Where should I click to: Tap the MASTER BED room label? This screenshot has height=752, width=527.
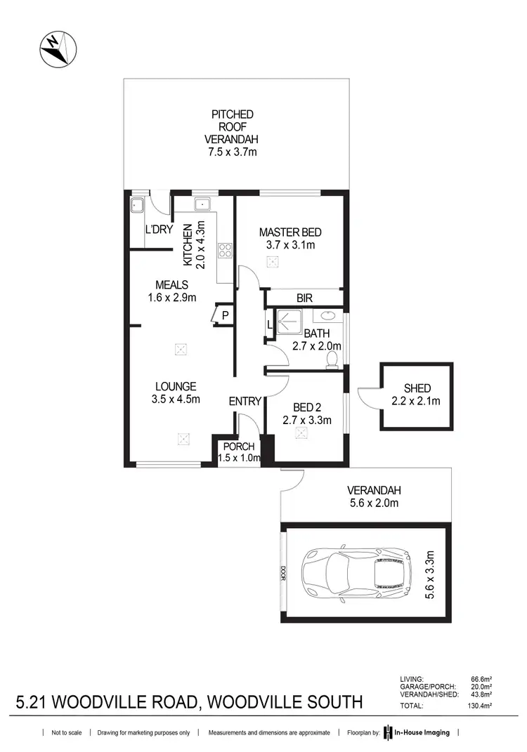click(286, 232)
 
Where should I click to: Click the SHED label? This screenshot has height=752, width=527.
click(417, 388)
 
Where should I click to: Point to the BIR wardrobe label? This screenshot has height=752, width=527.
click(304, 298)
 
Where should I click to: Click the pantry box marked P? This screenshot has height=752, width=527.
click(225, 315)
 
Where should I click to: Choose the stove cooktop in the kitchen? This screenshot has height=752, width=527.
click(226, 251)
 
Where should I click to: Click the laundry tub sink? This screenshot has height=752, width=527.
click(137, 205)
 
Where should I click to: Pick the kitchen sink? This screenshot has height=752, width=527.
click(202, 204)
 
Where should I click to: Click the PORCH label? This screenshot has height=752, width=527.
click(239, 447)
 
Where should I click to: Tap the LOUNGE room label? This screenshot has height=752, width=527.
click(176, 386)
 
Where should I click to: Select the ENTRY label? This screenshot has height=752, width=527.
click(245, 402)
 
